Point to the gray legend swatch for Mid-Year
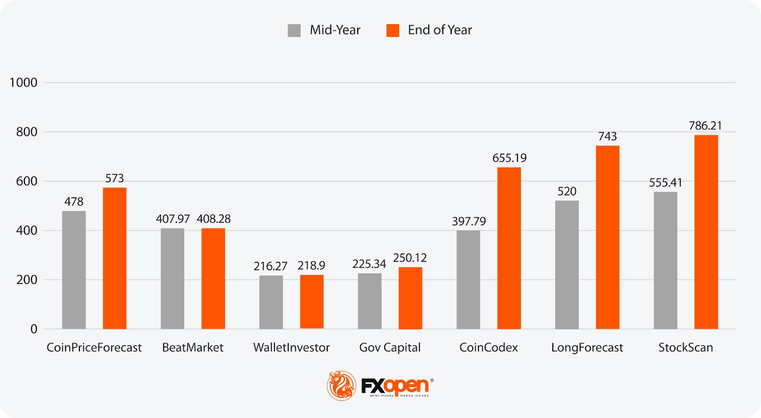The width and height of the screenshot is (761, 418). [x=294, y=30]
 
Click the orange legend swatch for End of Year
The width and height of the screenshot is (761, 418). [x=393, y=30]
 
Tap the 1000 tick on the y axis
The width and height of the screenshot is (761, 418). [x=23, y=83]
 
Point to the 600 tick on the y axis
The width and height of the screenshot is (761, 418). [x=27, y=181]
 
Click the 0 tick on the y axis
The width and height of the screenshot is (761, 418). [x=34, y=329]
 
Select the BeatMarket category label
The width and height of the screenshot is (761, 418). [x=193, y=348]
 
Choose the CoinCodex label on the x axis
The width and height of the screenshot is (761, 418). [x=488, y=348]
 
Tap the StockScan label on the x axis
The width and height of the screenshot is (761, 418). [x=685, y=348]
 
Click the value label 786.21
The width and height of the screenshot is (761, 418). [x=705, y=126]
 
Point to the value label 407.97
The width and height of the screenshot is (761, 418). [x=173, y=219]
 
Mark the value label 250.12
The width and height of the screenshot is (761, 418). [x=410, y=258]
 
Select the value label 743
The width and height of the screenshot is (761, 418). [x=607, y=136]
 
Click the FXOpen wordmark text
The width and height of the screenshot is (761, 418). [x=395, y=386]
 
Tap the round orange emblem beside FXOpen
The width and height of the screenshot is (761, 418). [x=341, y=385]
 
